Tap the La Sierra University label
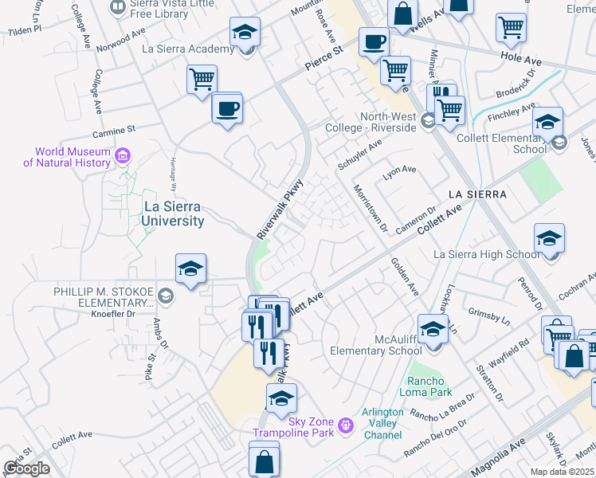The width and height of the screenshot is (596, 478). pos(172,214)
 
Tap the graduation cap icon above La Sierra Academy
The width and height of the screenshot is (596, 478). pos(245,33)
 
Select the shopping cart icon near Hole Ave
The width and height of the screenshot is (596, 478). pos(511,27)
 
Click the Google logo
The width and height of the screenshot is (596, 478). pos(26,468)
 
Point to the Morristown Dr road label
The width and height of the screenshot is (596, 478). pos(369,210)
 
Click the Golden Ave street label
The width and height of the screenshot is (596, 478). pos(404,276)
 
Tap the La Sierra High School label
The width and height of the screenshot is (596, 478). pos(485,255)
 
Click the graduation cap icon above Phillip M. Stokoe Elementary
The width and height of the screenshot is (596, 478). pos(191,269)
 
